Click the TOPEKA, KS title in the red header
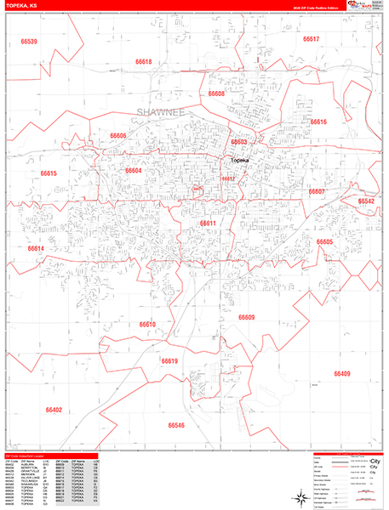pyautogui.click(x=20, y=8)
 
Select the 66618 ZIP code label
pyautogui.click(x=142, y=62)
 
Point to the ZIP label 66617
pyautogui.click(x=311, y=40)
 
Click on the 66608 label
pyautogui.click(x=216, y=93)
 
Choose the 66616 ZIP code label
pyautogui.click(x=318, y=122)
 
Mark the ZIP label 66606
pyautogui.click(x=117, y=136)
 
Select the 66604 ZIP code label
pyautogui.click(x=134, y=171)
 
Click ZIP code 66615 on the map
pyautogui.click(x=48, y=173)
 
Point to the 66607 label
pyautogui.click(x=317, y=192)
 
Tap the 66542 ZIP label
pyautogui.click(x=366, y=201)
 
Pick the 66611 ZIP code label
pyautogui.click(x=209, y=224)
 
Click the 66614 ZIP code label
pyautogui.click(x=36, y=248)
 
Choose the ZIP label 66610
pyautogui.click(x=148, y=324)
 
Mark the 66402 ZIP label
pyautogui.click(x=54, y=410)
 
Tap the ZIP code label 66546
pyautogui.click(x=176, y=425)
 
